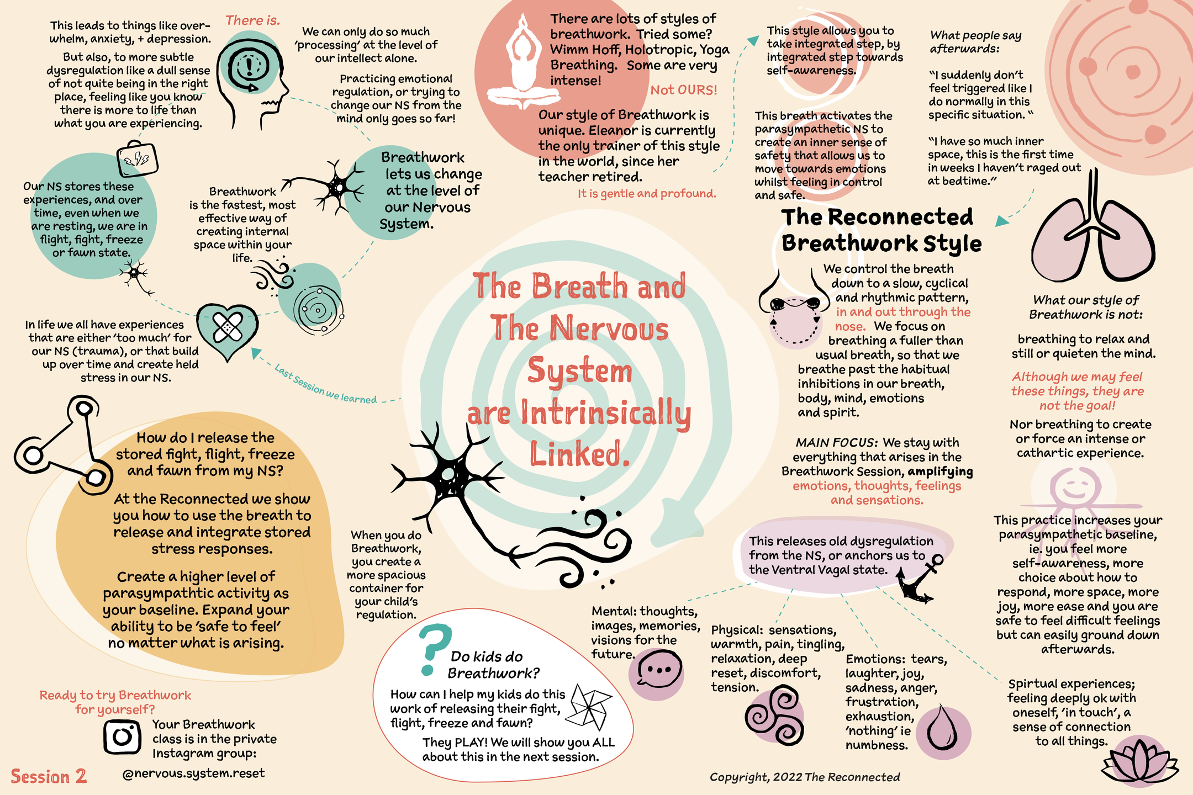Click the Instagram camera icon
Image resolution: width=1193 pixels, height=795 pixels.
122,736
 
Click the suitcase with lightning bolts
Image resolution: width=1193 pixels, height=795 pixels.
138,158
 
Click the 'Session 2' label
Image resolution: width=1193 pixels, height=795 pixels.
49,776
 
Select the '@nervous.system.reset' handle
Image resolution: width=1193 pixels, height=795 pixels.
193,773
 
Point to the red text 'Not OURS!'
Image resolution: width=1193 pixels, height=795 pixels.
684,90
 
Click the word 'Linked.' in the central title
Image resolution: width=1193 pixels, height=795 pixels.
580,454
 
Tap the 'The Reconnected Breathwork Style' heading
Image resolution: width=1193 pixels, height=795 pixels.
880,230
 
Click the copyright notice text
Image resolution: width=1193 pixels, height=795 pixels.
804,777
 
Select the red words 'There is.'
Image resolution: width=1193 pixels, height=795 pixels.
252,20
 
